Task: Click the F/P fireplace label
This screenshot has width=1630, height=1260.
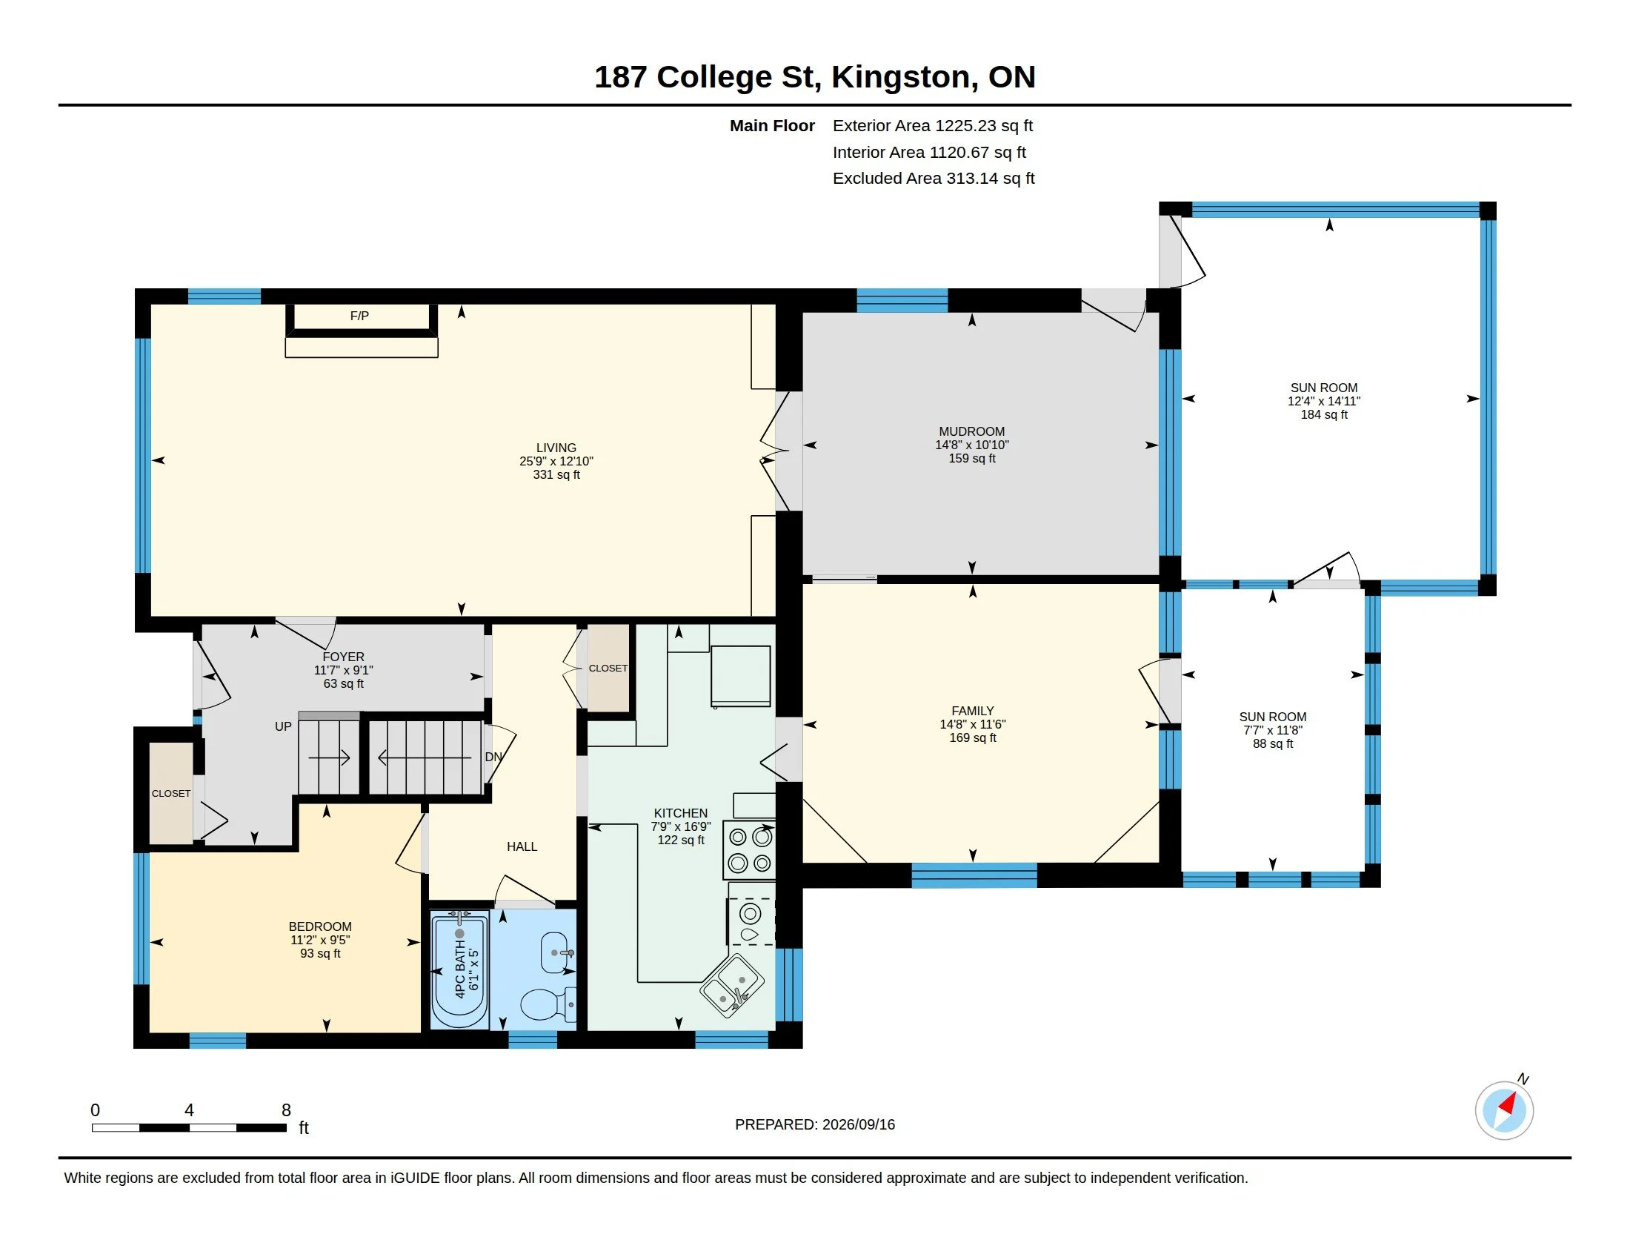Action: [x=359, y=316]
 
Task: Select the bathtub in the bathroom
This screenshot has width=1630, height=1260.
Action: [x=460, y=969]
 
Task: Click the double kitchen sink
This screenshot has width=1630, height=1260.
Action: [x=731, y=986]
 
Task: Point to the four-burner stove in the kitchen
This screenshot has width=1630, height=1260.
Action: [x=749, y=850]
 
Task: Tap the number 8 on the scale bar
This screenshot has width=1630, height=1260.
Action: [x=286, y=1110]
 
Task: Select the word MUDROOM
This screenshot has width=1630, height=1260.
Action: [x=972, y=431]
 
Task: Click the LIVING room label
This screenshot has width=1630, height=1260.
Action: [x=556, y=448]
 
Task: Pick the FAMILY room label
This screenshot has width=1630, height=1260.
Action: [x=973, y=711]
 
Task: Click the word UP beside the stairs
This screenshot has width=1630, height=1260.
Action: [x=283, y=726]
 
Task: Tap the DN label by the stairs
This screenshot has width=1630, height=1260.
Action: [x=493, y=757]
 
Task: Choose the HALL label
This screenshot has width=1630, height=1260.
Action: [x=522, y=846]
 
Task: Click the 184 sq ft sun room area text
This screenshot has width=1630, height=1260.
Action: [x=1324, y=414]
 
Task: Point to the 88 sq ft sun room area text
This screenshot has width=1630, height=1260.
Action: [x=1272, y=743]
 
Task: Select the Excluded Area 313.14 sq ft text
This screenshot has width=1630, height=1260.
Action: [x=934, y=179]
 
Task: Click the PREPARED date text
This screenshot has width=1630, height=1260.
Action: [x=815, y=1124]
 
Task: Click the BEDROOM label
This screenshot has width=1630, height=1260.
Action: [x=320, y=926]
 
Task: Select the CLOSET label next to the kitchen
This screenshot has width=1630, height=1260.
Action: [x=608, y=668]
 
